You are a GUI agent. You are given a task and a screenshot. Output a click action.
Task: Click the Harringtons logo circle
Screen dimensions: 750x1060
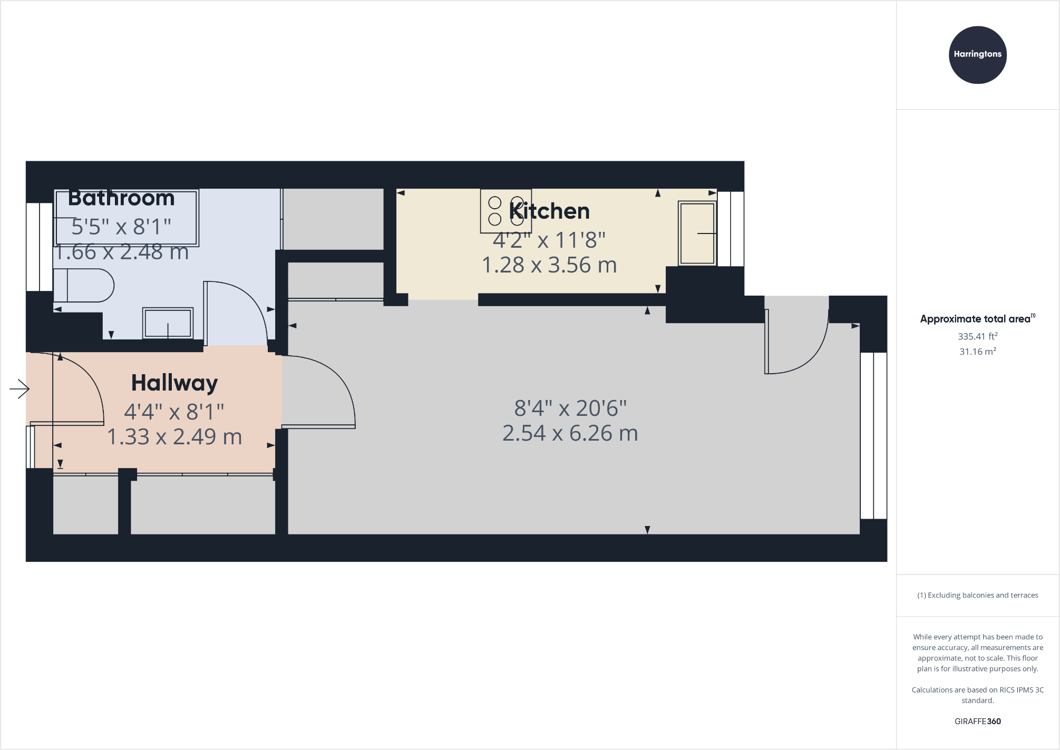(x=977, y=55)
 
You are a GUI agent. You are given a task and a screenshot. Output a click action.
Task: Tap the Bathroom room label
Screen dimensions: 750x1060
(x=121, y=198)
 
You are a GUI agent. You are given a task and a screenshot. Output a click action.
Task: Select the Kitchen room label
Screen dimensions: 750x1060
(x=549, y=211)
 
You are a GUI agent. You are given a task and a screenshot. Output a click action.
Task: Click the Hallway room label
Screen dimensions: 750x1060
(x=174, y=383)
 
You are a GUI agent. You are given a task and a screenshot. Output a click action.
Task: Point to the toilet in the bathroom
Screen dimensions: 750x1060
(x=84, y=285)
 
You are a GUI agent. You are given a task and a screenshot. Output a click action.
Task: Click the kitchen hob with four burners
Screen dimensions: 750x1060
(x=505, y=211)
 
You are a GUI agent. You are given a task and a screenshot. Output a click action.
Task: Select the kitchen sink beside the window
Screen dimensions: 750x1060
(x=697, y=233)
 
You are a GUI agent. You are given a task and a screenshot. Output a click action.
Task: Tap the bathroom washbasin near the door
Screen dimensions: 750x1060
(x=168, y=323)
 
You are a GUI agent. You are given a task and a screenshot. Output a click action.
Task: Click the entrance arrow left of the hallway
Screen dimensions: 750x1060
(x=20, y=389)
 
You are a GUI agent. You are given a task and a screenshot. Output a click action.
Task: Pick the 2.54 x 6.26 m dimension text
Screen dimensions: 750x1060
(x=570, y=433)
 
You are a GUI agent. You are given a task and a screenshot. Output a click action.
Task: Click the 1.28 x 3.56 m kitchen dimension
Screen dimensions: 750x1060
(x=549, y=265)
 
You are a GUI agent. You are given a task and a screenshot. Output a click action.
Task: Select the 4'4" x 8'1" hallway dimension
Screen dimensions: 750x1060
(x=174, y=412)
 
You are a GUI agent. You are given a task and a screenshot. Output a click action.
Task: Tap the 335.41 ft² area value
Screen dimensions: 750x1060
(x=977, y=336)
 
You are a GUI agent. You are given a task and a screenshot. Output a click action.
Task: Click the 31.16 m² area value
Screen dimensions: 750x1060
(x=977, y=352)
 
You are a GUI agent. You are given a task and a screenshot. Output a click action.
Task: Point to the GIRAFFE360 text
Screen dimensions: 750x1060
(x=977, y=722)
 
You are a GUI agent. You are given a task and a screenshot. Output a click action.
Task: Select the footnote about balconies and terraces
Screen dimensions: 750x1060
(x=977, y=595)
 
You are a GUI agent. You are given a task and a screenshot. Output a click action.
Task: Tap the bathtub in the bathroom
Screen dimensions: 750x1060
(x=127, y=218)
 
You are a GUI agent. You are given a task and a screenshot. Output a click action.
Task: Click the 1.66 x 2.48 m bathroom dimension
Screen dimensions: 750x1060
(x=121, y=252)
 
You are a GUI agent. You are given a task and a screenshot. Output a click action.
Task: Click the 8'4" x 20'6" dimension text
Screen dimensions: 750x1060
(x=570, y=408)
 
